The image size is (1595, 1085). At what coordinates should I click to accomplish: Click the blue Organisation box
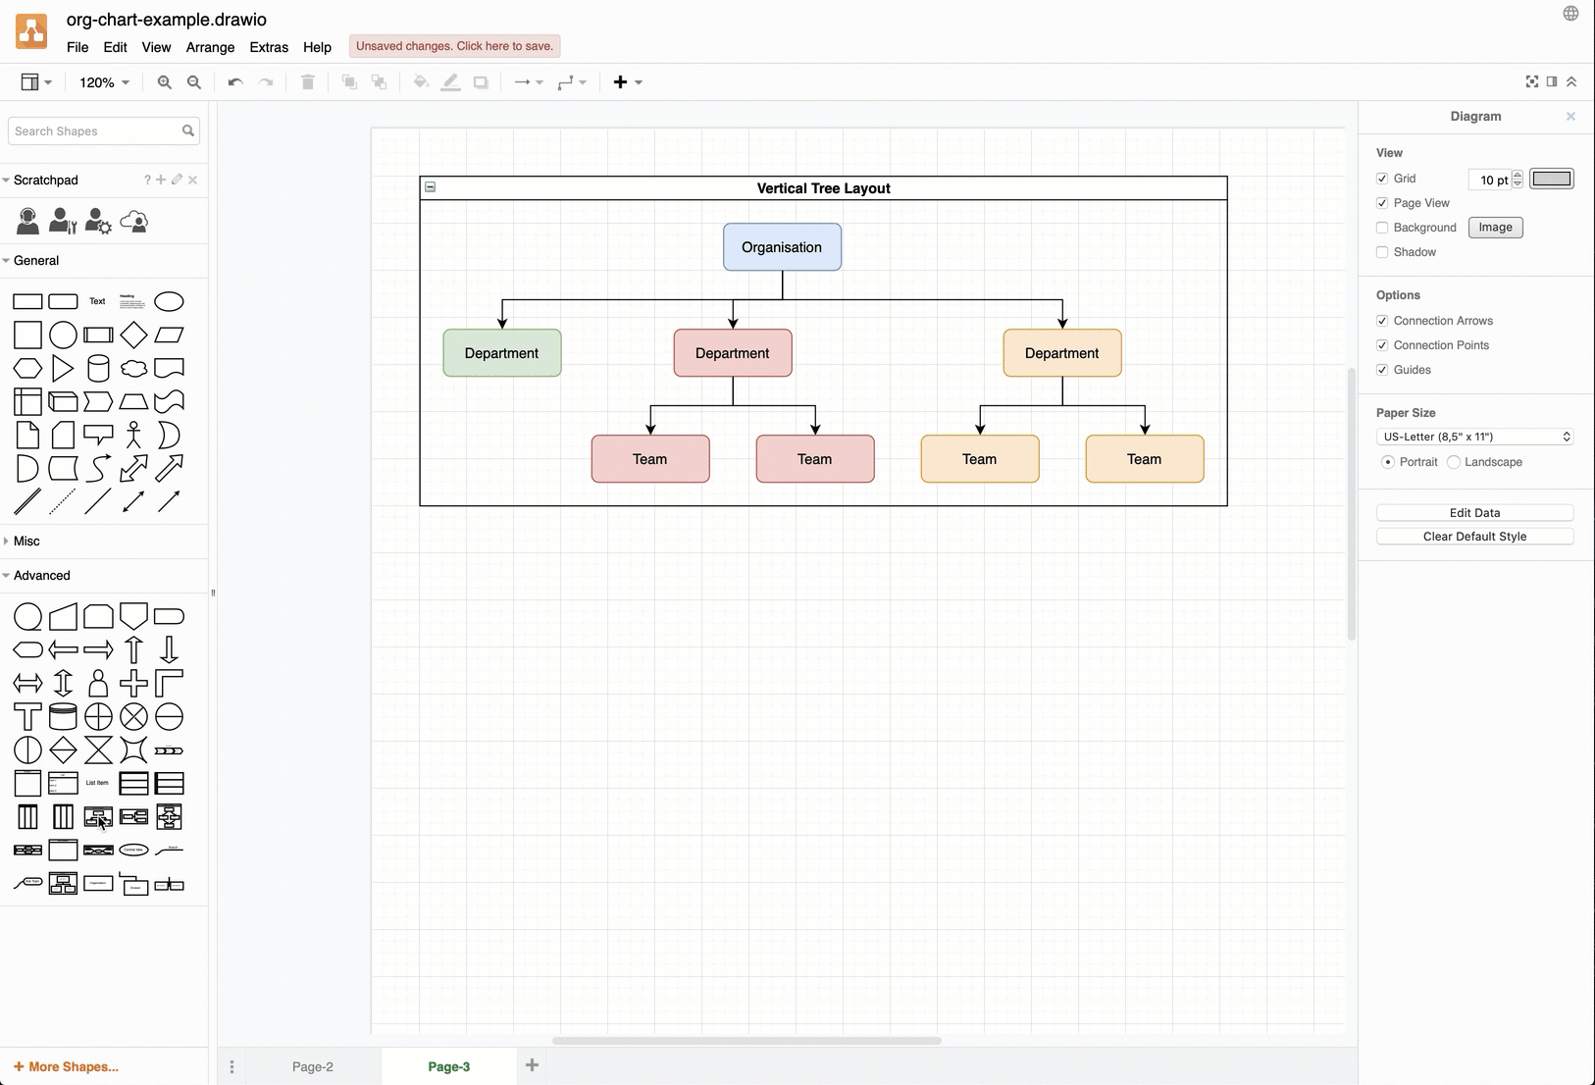pyautogui.click(x=782, y=247)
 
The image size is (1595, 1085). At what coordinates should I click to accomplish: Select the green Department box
pyautogui.click(x=501, y=353)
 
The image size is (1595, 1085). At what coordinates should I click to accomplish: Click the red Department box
pyautogui.click(x=732, y=353)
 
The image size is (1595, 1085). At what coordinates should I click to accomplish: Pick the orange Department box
pyautogui.click(x=1061, y=353)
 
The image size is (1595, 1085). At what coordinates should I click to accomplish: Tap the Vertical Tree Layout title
pyautogui.click(x=823, y=188)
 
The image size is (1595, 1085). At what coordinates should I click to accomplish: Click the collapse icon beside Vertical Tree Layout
pyautogui.click(x=430, y=187)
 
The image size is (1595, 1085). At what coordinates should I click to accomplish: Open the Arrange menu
pyautogui.click(x=210, y=47)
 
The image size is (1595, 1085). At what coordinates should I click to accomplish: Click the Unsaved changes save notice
pyautogui.click(x=454, y=46)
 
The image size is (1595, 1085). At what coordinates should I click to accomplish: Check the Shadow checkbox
pyautogui.click(x=1382, y=252)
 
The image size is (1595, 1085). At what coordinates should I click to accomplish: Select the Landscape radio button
pyautogui.click(x=1454, y=462)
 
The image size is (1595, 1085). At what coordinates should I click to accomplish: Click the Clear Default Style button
pyautogui.click(x=1474, y=537)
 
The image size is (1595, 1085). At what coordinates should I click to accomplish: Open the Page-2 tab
pyautogui.click(x=313, y=1066)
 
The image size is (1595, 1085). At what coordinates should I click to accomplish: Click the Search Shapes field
pyautogui.click(x=93, y=131)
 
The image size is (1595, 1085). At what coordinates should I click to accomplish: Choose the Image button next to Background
pyautogui.click(x=1495, y=228)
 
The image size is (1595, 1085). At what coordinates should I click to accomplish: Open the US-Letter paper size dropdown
pyautogui.click(x=1474, y=437)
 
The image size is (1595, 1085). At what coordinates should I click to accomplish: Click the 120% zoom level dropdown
pyautogui.click(x=104, y=82)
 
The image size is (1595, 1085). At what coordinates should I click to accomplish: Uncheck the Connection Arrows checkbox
pyautogui.click(x=1382, y=321)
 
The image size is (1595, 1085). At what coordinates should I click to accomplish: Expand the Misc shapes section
pyautogui.click(x=26, y=541)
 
